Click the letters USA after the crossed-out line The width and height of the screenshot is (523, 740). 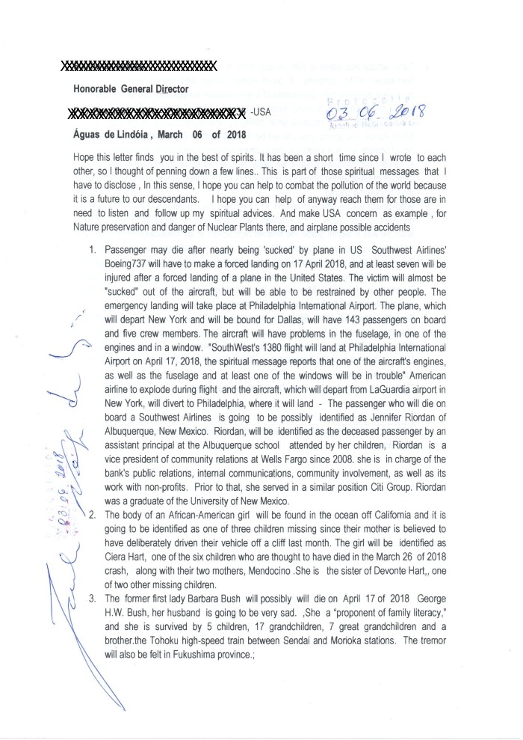point(261,113)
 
